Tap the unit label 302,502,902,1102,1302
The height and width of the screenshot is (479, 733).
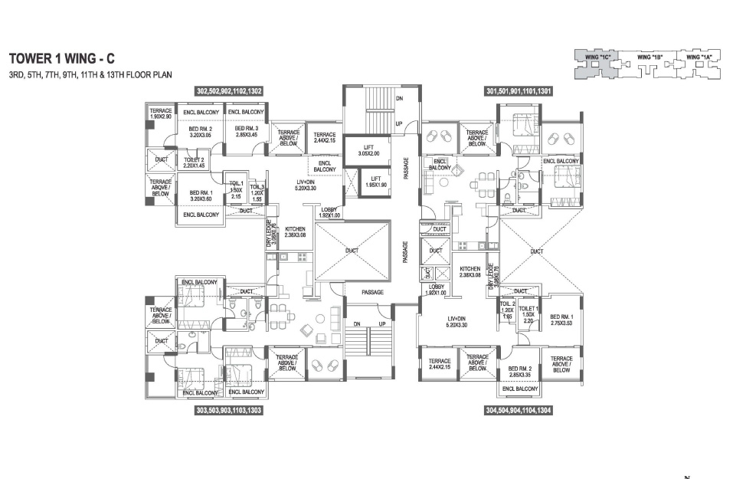click(x=229, y=91)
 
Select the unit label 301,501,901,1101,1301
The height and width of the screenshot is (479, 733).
click(x=519, y=91)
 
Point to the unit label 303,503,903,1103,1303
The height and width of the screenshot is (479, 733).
click(x=229, y=411)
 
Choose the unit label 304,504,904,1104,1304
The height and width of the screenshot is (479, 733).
click(x=519, y=411)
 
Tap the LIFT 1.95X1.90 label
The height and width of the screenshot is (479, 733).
click(x=375, y=181)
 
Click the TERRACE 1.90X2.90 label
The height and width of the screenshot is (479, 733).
click(x=161, y=114)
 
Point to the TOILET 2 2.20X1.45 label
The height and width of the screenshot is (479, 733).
click(x=195, y=162)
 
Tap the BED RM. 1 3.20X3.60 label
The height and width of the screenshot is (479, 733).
click(x=200, y=195)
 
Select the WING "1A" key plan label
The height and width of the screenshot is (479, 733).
click(x=699, y=57)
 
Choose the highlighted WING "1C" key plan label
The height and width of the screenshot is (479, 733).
click(x=591, y=57)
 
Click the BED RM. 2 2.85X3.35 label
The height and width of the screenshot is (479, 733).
click(x=523, y=372)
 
